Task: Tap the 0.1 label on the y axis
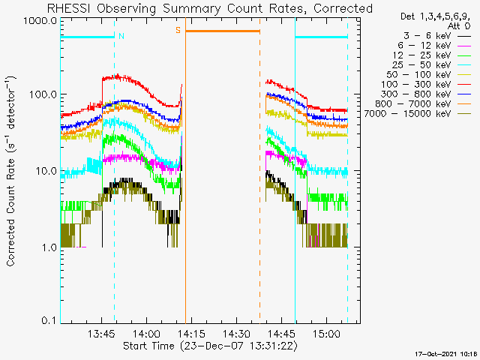(x=48, y=321)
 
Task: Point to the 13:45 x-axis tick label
(x=101, y=334)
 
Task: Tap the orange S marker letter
(x=178, y=30)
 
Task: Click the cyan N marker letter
(x=121, y=35)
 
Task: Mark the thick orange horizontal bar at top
(x=222, y=31)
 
